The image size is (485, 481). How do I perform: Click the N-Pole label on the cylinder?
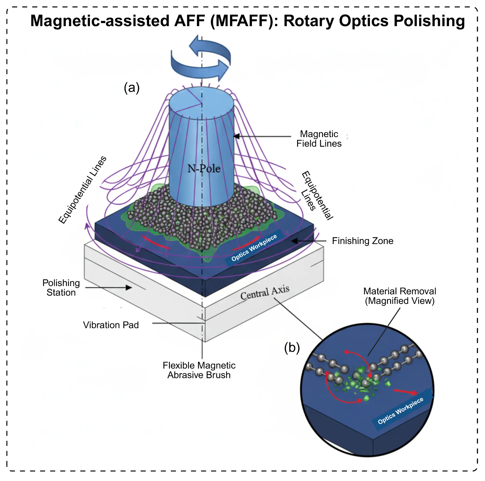point(204,169)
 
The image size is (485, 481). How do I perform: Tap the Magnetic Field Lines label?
point(319,139)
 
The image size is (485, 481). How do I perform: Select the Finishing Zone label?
point(362,241)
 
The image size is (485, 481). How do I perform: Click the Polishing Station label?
point(61,287)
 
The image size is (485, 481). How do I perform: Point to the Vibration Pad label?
point(111,325)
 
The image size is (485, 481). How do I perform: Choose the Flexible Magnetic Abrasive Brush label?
point(199,370)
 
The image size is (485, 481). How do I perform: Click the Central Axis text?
point(265,293)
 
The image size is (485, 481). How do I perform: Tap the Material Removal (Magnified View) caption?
point(399,296)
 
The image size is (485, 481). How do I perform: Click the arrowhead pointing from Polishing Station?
point(129,287)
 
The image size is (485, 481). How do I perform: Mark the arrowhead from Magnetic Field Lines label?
point(236,136)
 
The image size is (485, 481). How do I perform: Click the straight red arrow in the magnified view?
point(405,392)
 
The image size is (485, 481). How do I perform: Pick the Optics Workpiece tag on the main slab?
point(254,247)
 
